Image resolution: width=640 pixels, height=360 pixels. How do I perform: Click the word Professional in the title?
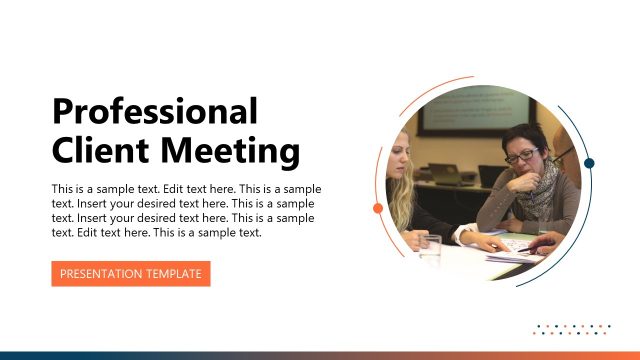(154, 112)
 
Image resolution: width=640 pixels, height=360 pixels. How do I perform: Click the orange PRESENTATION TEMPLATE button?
(130, 273)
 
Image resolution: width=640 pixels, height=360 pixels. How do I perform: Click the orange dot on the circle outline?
(378, 208)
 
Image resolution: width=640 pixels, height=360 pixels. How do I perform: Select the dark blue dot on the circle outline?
(589, 163)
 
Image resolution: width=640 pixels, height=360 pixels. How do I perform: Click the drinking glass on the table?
(431, 248)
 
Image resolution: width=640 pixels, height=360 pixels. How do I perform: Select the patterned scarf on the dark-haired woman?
(540, 195)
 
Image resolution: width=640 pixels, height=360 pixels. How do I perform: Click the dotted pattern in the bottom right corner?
(573, 329)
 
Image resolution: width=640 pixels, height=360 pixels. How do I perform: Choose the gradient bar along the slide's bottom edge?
(320, 355)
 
